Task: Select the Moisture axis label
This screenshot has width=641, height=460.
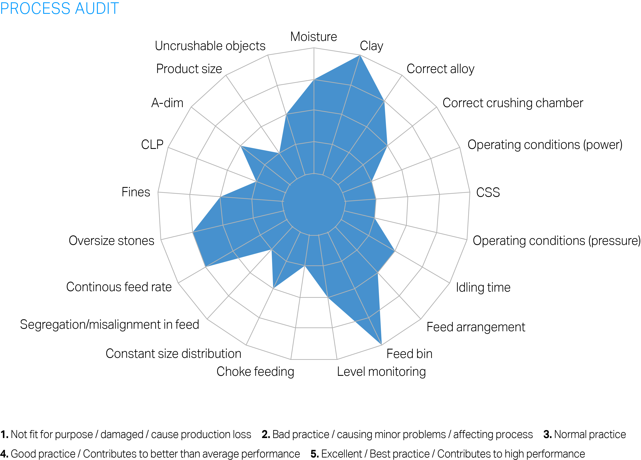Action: click(314, 37)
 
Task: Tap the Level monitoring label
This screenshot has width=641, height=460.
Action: click(381, 372)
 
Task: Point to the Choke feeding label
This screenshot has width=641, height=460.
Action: click(255, 372)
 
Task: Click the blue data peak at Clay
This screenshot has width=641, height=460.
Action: click(360, 56)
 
